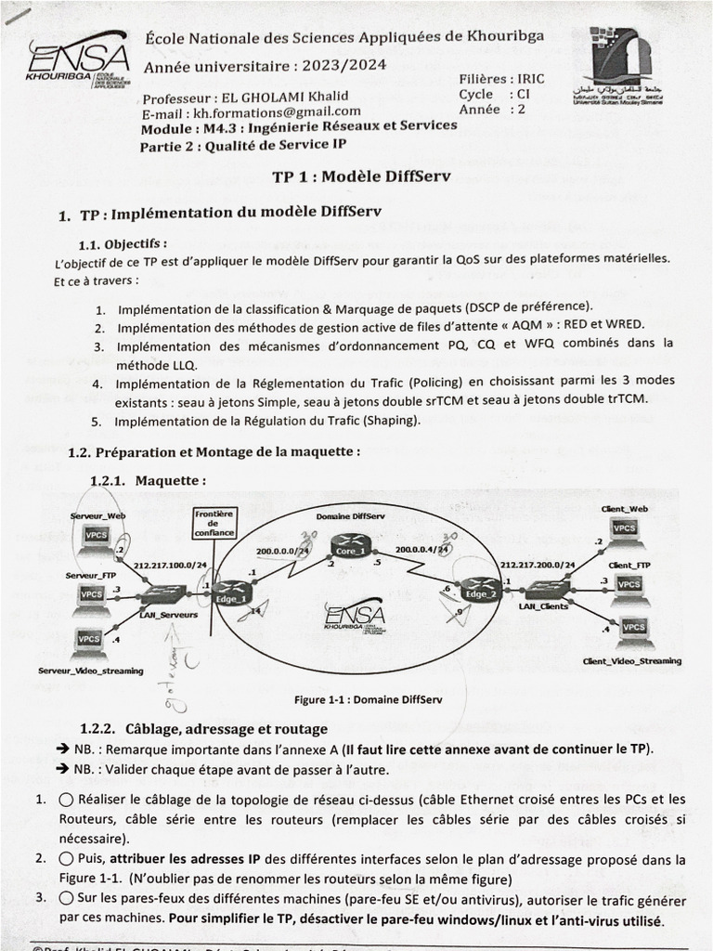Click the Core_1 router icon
pyautogui.click(x=353, y=542)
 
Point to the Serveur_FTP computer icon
pyautogui.click(x=92, y=596)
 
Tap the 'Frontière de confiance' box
pyautogui.click(x=214, y=523)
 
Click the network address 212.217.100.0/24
pyautogui.click(x=170, y=566)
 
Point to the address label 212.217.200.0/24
pyautogui.click(x=538, y=565)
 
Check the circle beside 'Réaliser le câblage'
pyautogui.click(x=66, y=799)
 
